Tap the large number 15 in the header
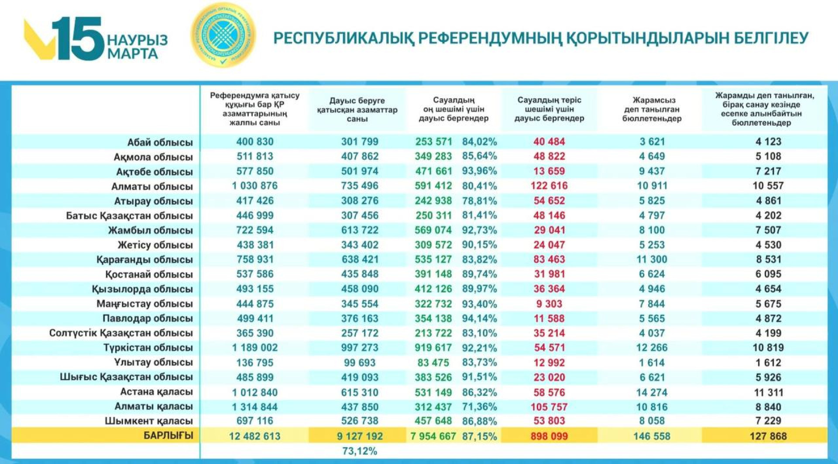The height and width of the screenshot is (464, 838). (x=79, y=39)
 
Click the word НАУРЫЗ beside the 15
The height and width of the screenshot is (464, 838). (x=137, y=40)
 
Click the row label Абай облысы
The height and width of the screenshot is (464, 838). (x=160, y=142)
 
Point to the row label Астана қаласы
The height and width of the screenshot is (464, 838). (x=156, y=392)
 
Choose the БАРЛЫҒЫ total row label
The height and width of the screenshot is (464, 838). (x=168, y=435)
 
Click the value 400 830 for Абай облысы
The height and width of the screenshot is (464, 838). (x=255, y=141)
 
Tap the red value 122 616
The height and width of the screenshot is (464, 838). (x=549, y=186)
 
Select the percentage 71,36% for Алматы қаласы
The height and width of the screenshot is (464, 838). (x=479, y=407)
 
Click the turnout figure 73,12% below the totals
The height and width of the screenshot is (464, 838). (x=360, y=451)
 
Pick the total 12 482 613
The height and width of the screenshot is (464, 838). (x=254, y=436)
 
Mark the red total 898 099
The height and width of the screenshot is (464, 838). (x=549, y=436)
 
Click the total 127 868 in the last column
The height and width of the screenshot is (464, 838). (x=768, y=436)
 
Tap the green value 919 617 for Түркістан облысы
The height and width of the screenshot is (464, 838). (x=433, y=348)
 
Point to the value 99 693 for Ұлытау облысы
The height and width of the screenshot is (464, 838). (x=360, y=363)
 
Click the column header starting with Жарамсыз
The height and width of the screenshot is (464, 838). (x=652, y=109)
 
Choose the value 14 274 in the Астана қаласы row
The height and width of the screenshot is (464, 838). (x=652, y=392)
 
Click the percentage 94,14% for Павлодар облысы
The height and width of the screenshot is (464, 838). (x=479, y=318)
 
